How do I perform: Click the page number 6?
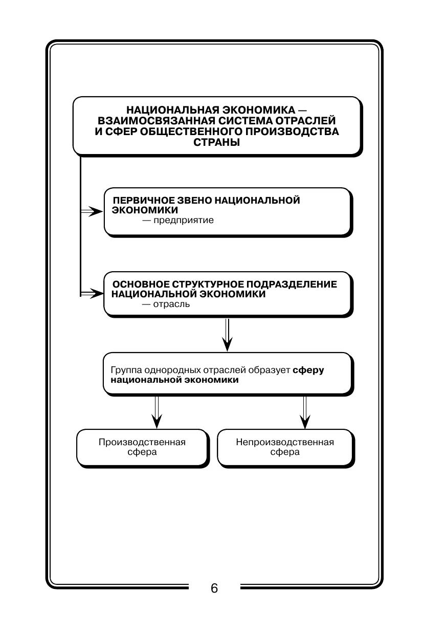214,588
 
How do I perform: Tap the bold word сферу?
308,370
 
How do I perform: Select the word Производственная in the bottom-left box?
142,442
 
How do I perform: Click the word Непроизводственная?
285,442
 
